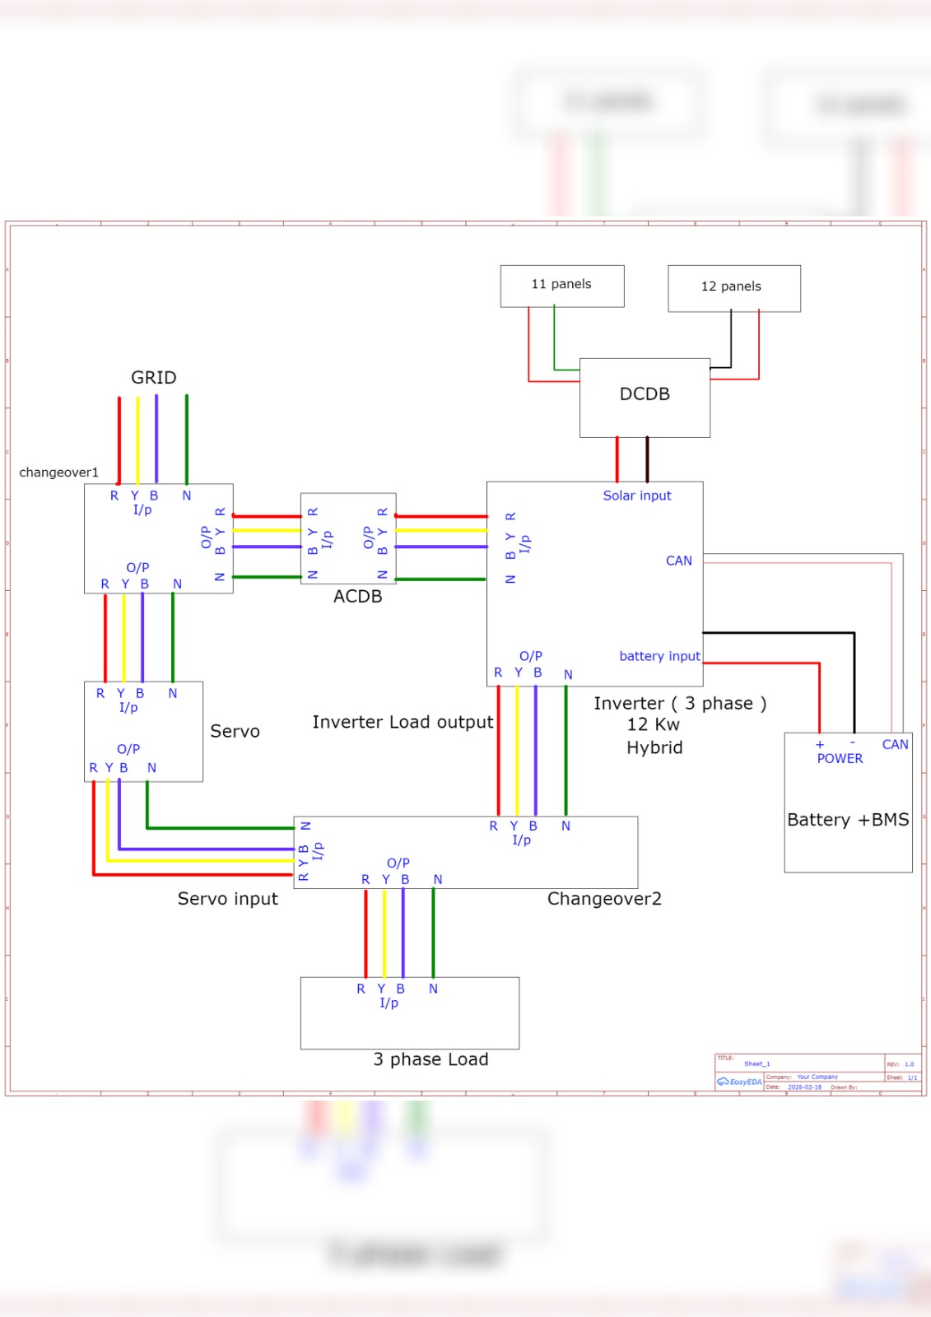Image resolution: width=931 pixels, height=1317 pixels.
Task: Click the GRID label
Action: [x=154, y=378]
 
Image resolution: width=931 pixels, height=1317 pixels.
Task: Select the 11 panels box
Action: [x=561, y=286]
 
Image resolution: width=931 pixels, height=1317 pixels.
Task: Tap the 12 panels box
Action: [x=733, y=288]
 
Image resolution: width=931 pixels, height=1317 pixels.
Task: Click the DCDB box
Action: [x=645, y=397]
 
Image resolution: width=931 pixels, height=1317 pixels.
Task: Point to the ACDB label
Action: [x=357, y=597]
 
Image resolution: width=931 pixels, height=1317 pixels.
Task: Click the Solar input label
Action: [x=636, y=496]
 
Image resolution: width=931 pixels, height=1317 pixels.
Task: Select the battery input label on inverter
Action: [x=659, y=656]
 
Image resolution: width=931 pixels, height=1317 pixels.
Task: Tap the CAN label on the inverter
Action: [x=678, y=561]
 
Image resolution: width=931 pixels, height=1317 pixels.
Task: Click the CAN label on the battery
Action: [x=895, y=744]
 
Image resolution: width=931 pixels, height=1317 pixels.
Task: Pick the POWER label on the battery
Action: [x=840, y=759]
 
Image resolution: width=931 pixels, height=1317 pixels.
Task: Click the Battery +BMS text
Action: [x=848, y=820]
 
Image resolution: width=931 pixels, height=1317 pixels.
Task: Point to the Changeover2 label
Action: [x=604, y=899]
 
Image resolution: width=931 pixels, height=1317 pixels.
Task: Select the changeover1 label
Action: [x=58, y=472]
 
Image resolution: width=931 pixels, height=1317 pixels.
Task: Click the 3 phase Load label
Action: [x=431, y=1059]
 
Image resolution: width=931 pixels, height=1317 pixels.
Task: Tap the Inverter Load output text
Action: [x=403, y=722]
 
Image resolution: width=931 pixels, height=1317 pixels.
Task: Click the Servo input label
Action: [x=227, y=899]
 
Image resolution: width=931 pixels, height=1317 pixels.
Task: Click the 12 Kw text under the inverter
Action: [x=653, y=724]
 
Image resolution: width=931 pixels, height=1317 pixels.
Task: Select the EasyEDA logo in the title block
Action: [x=740, y=1082]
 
